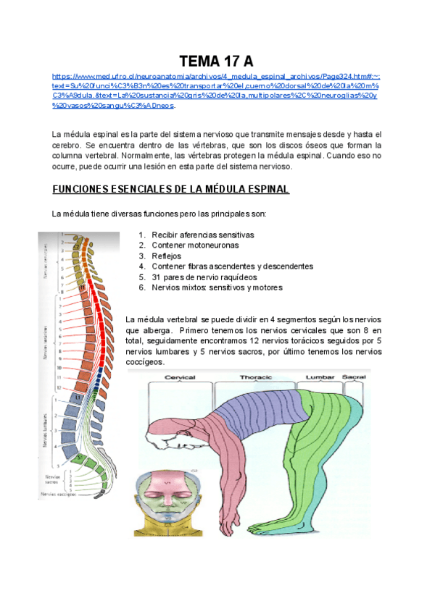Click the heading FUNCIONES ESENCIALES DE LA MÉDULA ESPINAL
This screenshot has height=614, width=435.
(170, 190)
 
